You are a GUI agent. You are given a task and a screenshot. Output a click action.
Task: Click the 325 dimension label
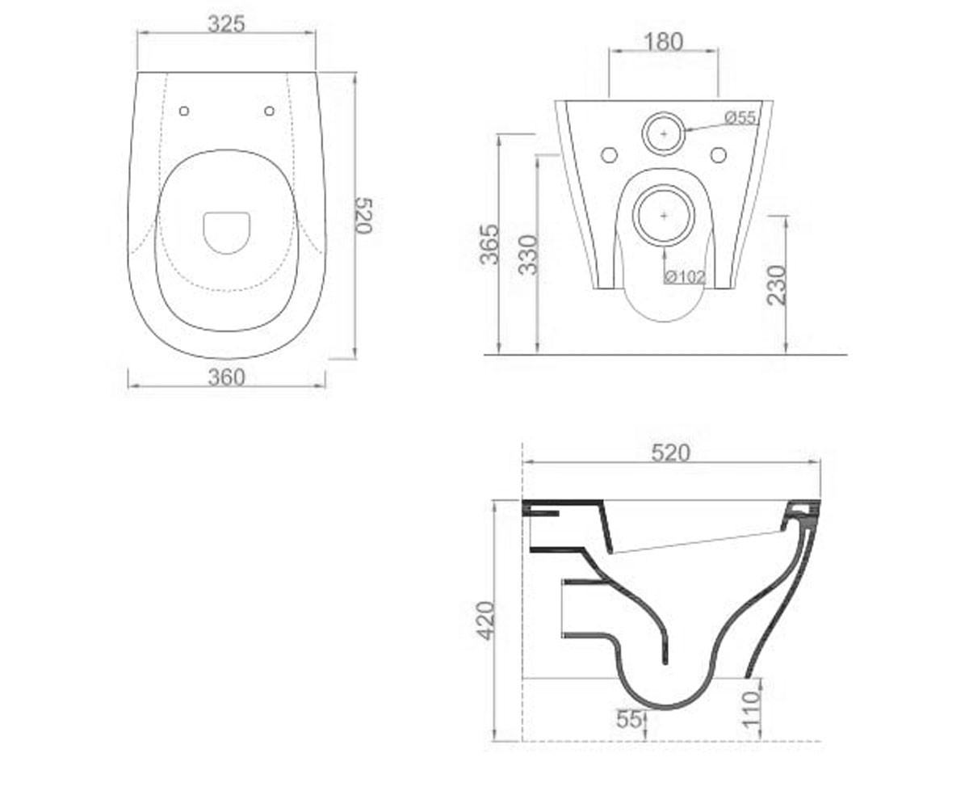(x=226, y=24)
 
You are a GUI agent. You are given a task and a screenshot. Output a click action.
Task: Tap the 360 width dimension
(x=226, y=377)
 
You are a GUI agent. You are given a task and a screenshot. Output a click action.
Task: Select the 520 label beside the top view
(x=363, y=216)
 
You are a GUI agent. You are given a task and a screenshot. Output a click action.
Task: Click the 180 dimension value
(x=664, y=42)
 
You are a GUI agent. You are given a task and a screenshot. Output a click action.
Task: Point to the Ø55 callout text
(x=740, y=117)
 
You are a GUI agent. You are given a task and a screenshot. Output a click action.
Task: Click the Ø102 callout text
(x=686, y=277)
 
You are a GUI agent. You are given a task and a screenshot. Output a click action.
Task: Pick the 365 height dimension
(x=489, y=244)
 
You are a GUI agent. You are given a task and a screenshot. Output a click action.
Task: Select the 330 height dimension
(x=527, y=255)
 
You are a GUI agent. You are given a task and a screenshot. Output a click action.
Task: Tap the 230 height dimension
(x=776, y=284)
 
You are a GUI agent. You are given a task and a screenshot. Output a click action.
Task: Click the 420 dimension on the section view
(x=486, y=621)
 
